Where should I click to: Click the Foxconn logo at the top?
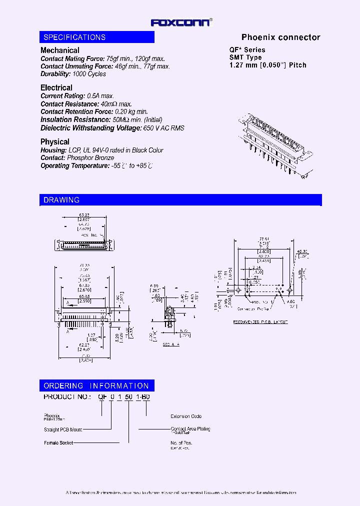[181, 22]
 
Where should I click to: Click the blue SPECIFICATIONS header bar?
[97, 37]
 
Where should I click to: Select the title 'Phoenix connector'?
[280, 37]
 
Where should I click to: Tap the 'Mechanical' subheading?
[59, 50]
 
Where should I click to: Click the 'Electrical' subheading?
[56, 88]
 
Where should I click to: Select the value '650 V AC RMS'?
[164, 128]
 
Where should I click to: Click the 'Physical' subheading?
[55, 142]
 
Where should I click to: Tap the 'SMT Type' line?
[245, 57]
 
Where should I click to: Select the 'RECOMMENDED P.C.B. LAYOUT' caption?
[260, 322]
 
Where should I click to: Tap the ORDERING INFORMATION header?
[96, 386]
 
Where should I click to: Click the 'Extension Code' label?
[186, 416]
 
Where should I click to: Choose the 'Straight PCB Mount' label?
[62, 429]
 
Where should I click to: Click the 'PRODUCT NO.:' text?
[67, 396]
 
